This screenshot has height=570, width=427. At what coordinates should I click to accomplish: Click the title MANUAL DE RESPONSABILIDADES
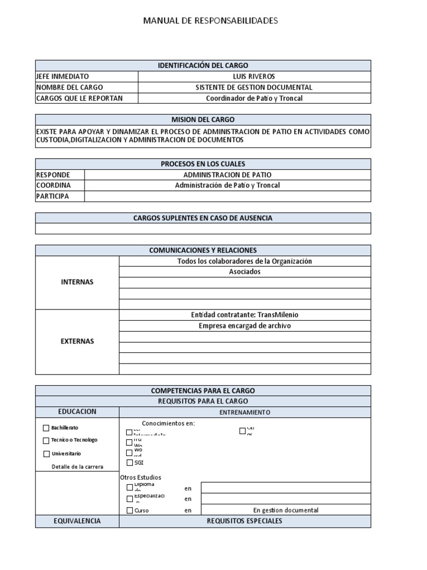click(210, 21)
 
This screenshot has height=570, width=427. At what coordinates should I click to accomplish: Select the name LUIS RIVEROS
click(254, 76)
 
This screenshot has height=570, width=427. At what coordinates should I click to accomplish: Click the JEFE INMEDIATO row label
click(62, 76)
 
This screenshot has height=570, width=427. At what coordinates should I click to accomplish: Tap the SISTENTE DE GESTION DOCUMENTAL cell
click(254, 87)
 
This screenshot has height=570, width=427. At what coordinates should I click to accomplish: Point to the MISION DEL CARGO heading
click(203, 120)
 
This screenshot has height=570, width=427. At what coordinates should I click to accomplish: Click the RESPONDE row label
click(53, 175)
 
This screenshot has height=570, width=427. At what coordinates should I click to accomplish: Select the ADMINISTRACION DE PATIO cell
click(227, 175)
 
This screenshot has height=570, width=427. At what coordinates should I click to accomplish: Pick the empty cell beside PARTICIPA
click(227, 196)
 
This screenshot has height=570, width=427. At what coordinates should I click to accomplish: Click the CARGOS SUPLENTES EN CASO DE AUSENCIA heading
click(203, 218)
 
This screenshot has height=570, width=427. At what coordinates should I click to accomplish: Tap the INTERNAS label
click(77, 282)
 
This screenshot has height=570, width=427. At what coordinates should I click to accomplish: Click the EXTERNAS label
click(77, 341)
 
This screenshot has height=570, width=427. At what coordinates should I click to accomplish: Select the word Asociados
click(245, 272)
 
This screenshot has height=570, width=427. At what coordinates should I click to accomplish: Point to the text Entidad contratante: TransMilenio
click(245, 315)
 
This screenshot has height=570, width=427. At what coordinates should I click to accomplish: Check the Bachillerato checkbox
click(46, 428)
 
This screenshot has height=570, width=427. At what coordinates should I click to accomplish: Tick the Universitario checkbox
click(46, 454)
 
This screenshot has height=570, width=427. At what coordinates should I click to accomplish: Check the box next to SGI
click(130, 463)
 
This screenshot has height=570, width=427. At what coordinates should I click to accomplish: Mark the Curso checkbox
click(130, 510)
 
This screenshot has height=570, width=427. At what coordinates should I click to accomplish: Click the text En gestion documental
click(286, 510)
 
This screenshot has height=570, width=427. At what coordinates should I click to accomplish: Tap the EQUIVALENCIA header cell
click(77, 521)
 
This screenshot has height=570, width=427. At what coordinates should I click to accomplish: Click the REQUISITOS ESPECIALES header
click(245, 521)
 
